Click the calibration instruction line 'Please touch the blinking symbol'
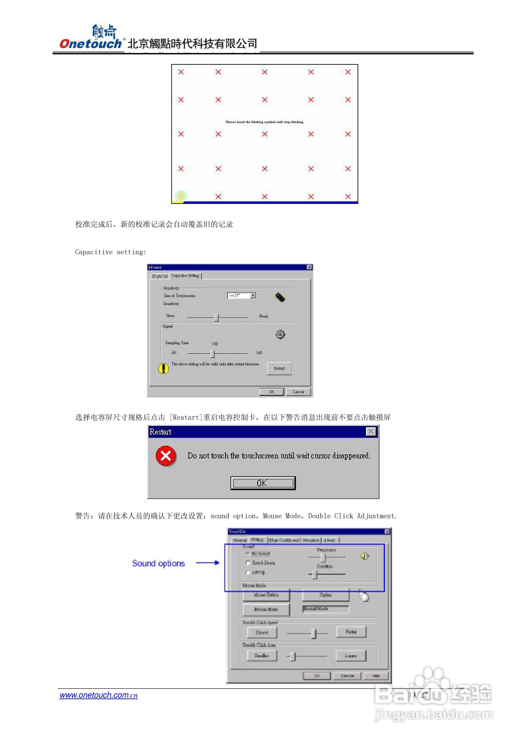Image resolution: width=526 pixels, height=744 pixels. (264, 122)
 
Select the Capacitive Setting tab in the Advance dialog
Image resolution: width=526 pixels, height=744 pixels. (185, 276)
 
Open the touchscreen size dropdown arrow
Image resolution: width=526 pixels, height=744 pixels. (253, 296)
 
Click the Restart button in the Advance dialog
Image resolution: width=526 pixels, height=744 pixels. (279, 368)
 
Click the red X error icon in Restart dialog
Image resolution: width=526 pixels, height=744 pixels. (166, 456)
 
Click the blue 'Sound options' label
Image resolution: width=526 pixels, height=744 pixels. (158, 564)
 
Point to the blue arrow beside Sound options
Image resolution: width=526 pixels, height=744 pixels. (208, 563)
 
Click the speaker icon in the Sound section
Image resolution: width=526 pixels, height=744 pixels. (364, 556)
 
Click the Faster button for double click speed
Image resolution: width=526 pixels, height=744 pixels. (351, 632)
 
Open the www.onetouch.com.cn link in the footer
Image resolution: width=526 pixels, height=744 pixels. (98, 695)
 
